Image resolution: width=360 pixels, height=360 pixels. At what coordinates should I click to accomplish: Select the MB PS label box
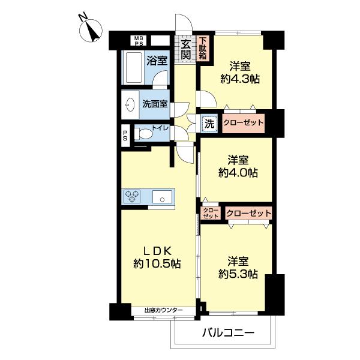(x=139, y=40)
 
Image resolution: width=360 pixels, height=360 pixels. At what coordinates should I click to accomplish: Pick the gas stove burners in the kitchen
(x=132, y=196)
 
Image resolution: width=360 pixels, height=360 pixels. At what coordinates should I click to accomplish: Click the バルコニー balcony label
(x=228, y=332)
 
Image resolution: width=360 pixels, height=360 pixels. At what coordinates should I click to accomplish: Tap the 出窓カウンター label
(x=164, y=310)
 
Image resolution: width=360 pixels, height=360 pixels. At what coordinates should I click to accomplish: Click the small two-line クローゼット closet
(x=211, y=213)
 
